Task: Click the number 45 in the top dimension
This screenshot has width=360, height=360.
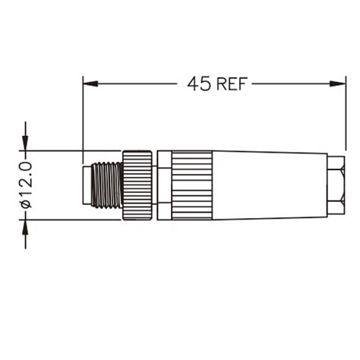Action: click(x=199, y=84)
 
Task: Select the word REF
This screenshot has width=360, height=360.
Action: click(x=232, y=84)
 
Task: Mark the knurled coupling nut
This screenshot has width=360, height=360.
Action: click(x=137, y=185)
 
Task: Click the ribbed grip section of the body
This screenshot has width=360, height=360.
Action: click(x=191, y=185)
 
